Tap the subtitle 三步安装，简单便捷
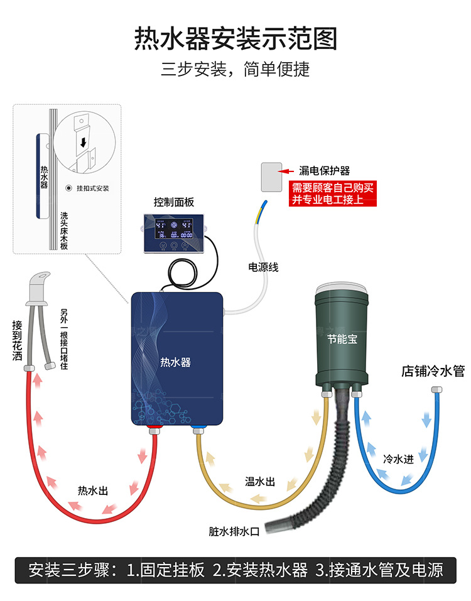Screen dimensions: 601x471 click(235, 68)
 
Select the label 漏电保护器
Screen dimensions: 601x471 click(325, 170)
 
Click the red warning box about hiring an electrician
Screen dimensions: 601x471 click(332, 193)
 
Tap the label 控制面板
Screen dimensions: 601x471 click(174, 202)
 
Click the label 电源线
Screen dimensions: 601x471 click(264, 268)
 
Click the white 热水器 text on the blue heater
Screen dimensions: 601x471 click(175, 362)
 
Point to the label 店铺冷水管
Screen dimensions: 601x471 click(433, 371)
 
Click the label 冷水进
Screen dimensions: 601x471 click(398, 459)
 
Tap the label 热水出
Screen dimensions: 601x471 click(92, 490)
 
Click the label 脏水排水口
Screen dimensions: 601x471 click(234, 531)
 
